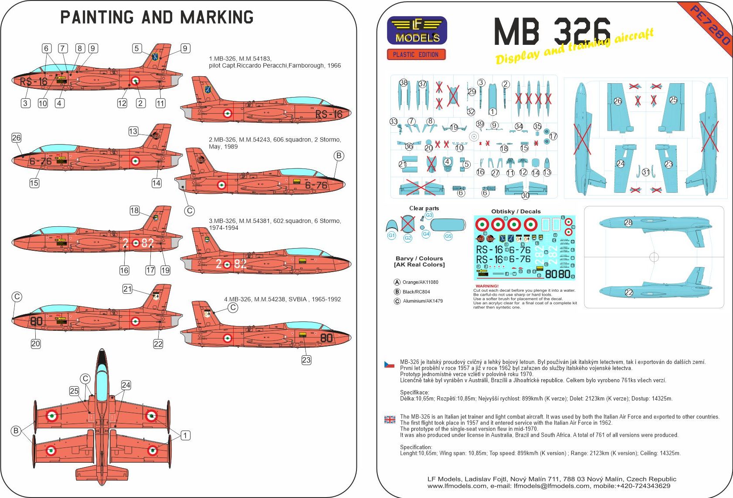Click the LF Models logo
point(417,30)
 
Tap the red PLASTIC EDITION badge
point(416,54)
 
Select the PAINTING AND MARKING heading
point(157,17)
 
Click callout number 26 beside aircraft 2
point(16,138)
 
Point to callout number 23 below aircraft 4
point(306,360)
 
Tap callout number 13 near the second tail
point(133,131)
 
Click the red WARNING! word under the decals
point(487,286)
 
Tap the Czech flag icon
point(389,364)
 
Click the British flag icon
point(390,420)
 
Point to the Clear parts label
point(424,208)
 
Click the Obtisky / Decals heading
point(516,211)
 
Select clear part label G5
point(448,236)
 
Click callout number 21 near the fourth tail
point(127,289)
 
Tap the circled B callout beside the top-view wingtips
point(16,431)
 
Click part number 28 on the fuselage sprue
point(628,222)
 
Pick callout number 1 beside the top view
point(185,435)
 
